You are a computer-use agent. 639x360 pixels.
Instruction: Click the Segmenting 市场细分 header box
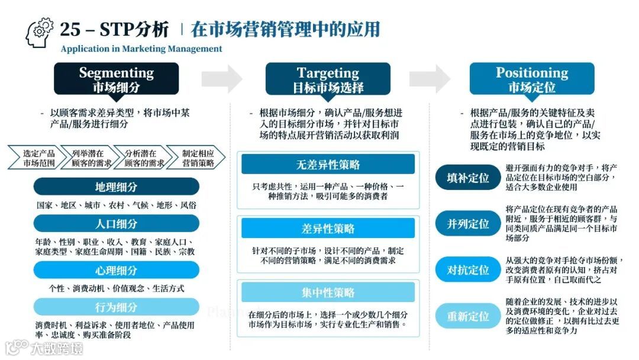point(116,79)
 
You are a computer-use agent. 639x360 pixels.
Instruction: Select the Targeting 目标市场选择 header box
point(328,79)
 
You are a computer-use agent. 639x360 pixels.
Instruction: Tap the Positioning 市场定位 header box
point(532,79)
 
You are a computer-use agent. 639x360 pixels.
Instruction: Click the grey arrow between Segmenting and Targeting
point(222,79)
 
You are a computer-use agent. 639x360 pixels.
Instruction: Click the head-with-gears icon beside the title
point(40,32)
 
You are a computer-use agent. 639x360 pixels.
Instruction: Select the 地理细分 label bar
point(116,187)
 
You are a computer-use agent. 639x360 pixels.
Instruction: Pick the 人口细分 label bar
point(116,223)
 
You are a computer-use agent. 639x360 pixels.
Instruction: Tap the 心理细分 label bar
point(116,270)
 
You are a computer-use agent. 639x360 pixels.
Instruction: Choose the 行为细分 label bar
point(116,307)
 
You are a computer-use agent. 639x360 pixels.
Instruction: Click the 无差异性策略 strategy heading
point(328,164)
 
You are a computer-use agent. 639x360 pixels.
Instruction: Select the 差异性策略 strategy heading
point(328,229)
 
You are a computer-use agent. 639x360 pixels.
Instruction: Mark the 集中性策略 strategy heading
point(328,292)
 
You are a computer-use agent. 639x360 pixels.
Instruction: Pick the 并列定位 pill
point(468,224)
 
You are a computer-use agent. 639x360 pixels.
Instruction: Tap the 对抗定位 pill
point(468,270)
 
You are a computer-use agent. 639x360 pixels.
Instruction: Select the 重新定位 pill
point(468,316)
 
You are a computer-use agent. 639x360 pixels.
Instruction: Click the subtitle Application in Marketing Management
point(141,49)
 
